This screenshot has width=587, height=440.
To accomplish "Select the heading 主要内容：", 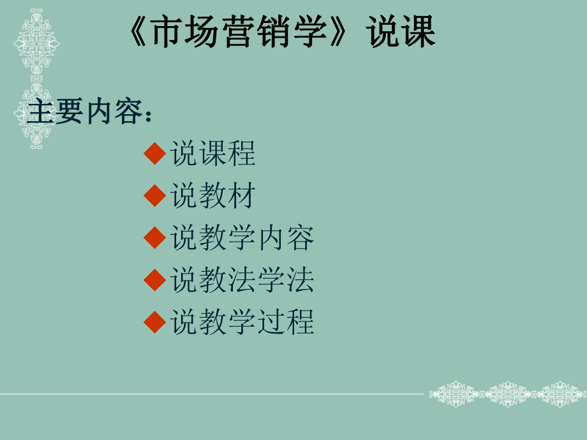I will [x=89, y=113].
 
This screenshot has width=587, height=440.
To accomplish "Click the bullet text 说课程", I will [x=213, y=154].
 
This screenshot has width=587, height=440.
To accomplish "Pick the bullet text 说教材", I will [x=213, y=196].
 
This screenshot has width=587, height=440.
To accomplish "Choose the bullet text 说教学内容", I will [x=242, y=238].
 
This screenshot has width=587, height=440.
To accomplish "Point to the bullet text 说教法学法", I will [x=242, y=280].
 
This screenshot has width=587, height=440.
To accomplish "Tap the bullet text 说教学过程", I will [x=242, y=322].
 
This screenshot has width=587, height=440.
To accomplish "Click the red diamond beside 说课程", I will [x=155, y=154].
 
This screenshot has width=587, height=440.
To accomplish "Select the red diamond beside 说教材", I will [x=155, y=196].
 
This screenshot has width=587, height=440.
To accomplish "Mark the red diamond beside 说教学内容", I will [x=155, y=238].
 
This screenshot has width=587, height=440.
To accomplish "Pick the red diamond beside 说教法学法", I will [x=155, y=280].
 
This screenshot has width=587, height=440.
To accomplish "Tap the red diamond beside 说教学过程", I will [x=155, y=322].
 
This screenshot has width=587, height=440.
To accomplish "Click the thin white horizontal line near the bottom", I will [x=211, y=393].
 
